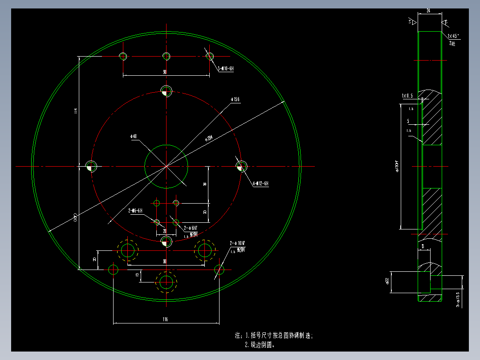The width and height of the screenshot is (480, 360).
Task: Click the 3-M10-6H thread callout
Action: (226, 69)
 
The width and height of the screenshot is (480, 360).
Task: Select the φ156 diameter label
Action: (235, 99)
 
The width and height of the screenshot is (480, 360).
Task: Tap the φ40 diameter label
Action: (133, 136)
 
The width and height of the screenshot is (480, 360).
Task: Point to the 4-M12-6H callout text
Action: (260, 183)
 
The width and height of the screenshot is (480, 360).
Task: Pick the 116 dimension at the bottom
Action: (165, 319)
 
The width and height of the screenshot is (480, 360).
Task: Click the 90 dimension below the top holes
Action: (165, 72)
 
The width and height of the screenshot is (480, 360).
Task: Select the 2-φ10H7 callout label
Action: (238, 243)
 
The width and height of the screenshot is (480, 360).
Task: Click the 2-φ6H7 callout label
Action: (190, 228)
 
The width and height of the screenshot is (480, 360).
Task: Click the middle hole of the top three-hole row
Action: (167, 56)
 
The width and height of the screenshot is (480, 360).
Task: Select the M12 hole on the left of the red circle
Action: (91, 166)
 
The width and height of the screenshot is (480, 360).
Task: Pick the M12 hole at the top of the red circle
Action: (166, 91)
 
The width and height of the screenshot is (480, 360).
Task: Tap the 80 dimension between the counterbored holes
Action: (165, 262)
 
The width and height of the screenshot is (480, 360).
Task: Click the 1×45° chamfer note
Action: (453, 35)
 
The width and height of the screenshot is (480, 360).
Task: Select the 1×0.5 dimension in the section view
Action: (407, 96)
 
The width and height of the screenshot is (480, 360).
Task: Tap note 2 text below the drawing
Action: (260, 344)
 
